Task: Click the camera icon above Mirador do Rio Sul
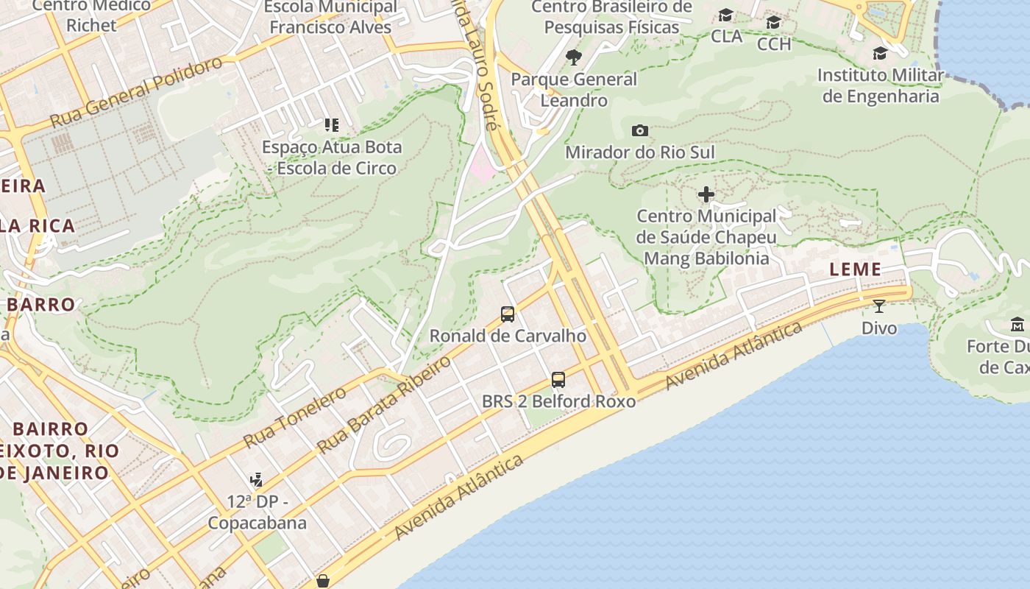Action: tap(640, 130)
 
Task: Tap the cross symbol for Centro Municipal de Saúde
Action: tap(706, 194)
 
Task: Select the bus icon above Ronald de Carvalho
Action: tap(508, 314)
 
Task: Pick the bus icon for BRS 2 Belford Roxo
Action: tap(558, 380)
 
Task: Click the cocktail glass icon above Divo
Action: tap(879, 306)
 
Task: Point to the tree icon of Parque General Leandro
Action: tap(574, 57)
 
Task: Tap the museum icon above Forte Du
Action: tap(1017, 324)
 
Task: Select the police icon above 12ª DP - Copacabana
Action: tap(256, 480)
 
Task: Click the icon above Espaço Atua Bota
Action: tap(332, 125)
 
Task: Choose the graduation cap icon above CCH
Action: tap(773, 22)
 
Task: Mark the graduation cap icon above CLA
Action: tap(726, 15)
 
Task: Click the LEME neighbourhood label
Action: tap(855, 269)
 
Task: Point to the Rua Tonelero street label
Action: tap(294, 417)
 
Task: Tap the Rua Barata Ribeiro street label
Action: tap(383, 404)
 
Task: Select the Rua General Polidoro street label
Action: tap(136, 91)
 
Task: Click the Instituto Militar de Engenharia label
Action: tap(880, 86)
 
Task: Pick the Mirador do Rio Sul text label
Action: tap(639, 152)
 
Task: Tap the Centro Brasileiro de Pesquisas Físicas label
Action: tap(611, 17)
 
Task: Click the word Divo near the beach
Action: tap(879, 328)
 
